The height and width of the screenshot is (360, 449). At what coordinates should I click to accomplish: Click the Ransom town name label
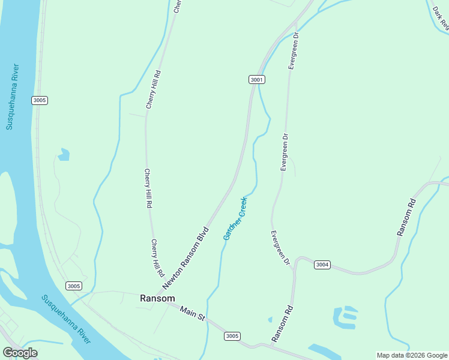click(x=157, y=298)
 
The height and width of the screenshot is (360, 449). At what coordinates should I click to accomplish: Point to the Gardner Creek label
click(x=235, y=218)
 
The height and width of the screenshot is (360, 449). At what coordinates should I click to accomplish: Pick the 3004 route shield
click(x=322, y=265)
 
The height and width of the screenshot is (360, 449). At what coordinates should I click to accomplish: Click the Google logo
click(x=20, y=353)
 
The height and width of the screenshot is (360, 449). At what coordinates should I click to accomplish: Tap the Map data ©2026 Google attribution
click(x=412, y=355)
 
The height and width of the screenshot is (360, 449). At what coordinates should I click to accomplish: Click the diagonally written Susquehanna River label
click(x=66, y=319)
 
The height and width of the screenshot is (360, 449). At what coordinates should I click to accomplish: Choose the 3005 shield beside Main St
click(x=233, y=336)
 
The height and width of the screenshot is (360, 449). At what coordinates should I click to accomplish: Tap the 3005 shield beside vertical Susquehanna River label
click(x=40, y=100)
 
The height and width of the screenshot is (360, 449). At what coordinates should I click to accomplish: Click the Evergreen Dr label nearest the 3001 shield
click(x=294, y=52)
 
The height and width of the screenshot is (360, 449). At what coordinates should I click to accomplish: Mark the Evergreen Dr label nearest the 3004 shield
click(x=280, y=248)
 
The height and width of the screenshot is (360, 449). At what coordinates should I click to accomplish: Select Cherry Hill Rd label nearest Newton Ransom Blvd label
click(x=157, y=257)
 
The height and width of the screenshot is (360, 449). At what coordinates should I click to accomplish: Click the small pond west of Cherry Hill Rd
click(x=64, y=155)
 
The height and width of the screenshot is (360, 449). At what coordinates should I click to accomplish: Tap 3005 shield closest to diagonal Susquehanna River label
click(x=73, y=286)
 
